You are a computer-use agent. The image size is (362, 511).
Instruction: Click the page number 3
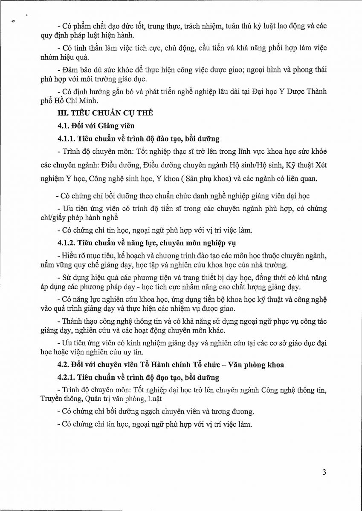point(324,472)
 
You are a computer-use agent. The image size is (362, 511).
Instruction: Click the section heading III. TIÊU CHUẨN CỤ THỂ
point(105,113)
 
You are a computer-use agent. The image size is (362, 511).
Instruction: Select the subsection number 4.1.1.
point(68,139)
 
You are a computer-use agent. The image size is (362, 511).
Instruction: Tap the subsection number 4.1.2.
point(68,243)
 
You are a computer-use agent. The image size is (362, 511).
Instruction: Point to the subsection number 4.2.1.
point(68,378)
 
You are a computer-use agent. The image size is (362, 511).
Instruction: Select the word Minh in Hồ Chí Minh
point(90,101)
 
